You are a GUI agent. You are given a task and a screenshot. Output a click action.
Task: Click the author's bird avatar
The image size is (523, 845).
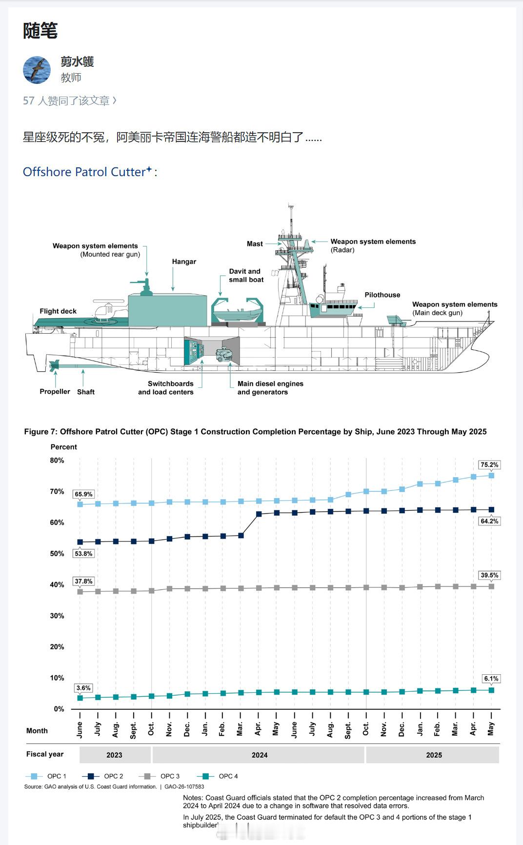[37, 70]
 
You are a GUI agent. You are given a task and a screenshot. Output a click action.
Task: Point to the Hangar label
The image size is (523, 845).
[184, 262]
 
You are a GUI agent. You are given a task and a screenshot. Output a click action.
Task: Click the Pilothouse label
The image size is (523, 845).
[382, 295]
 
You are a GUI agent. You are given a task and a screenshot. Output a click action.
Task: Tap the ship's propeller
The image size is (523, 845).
[54, 365]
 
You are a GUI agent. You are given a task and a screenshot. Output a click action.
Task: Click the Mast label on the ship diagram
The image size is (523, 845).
[255, 244]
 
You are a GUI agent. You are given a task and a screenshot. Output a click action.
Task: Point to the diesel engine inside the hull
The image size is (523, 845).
[225, 354]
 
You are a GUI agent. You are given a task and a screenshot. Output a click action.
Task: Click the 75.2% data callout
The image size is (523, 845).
[489, 465]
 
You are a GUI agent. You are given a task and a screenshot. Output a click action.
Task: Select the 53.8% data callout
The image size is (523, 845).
[83, 554]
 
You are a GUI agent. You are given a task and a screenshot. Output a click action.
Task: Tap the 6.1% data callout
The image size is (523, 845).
[491, 679]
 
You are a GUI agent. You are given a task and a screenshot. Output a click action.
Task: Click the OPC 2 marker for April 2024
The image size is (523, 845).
[259, 514]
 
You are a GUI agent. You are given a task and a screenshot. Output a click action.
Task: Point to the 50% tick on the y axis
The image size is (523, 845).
[57, 554]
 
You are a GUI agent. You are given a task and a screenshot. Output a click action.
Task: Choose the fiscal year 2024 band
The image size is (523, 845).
[259, 755]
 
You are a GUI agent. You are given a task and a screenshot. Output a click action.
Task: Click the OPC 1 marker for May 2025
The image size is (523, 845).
[491, 475]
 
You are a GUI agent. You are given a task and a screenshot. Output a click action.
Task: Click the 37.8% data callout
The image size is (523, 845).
[83, 582]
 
